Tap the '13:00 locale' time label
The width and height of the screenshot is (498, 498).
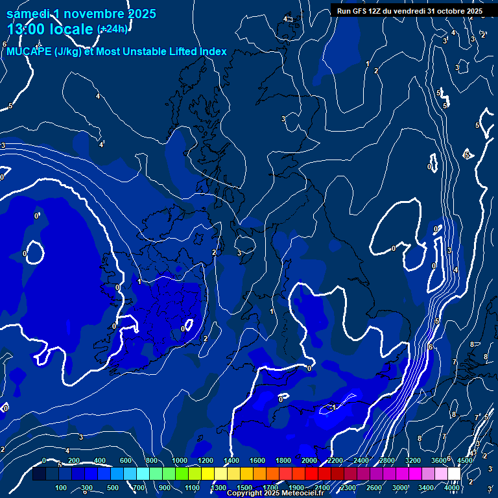pyautogui.click(x=51, y=29)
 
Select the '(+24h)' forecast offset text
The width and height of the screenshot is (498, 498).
pyautogui.click(x=112, y=29)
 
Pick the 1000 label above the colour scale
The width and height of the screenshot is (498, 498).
pyautogui.click(x=180, y=460)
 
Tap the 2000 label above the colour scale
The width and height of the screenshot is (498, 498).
pyautogui.click(x=309, y=460)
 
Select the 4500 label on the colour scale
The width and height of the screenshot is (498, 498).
pyautogui.click(x=464, y=460)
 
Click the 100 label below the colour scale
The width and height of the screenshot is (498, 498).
pyautogui.click(x=62, y=488)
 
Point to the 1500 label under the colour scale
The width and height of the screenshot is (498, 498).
pyautogui.click(x=244, y=488)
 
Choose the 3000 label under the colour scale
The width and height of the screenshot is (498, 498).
pyautogui.click(x=400, y=488)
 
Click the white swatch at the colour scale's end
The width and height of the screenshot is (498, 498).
pyautogui.click(x=454, y=474)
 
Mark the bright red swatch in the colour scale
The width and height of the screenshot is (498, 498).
pyautogui.click(x=311, y=474)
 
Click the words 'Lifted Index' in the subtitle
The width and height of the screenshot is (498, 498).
pyautogui.click(x=196, y=52)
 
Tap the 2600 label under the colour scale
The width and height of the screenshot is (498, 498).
pyautogui.click(x=374, y=488)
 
